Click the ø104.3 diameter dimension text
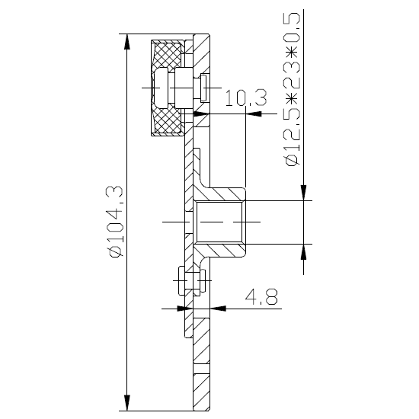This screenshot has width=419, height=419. [x=116, y=221]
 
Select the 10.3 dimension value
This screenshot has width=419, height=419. [x=246, y=98]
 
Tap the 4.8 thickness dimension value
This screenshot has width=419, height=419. [x=261, y=296]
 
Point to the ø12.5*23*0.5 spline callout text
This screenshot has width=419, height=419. [x=292, y=90]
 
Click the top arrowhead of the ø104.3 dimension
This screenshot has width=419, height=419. [x=127, y=42]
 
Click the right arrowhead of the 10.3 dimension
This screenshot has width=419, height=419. [x=254, y=114]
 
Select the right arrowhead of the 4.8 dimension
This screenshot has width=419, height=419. [x=218, y=309]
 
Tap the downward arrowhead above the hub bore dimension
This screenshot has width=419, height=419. [x=303, y=193]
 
